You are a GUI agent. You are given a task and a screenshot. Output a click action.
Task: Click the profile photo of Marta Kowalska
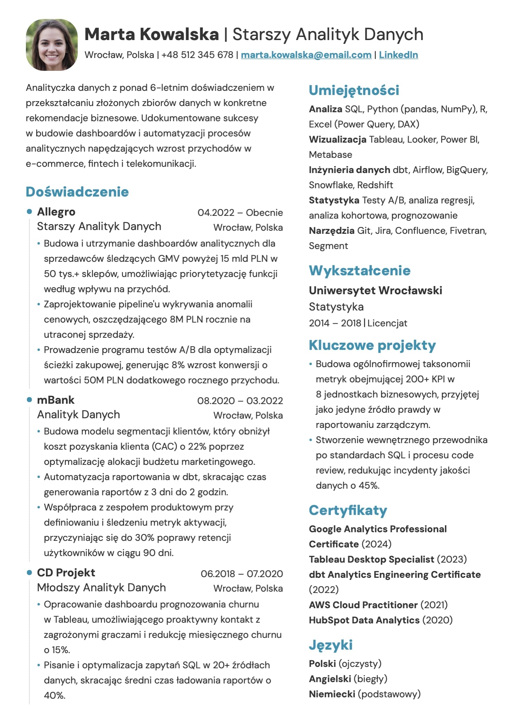[x=52, y=45]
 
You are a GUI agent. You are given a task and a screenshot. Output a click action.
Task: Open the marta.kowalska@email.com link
[x=306, y=55]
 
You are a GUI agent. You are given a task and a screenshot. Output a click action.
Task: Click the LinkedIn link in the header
[x=398, y=55]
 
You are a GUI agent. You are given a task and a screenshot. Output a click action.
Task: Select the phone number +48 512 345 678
[x=197, y=55]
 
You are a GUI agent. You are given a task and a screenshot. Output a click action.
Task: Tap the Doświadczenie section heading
[x=77, y=192]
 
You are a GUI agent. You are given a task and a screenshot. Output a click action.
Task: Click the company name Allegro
[x=56, y=212]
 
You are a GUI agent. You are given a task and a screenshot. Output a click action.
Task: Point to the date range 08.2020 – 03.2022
[x=240, y=401]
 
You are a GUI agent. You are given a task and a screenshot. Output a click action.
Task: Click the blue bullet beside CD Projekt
[x=29, y=573]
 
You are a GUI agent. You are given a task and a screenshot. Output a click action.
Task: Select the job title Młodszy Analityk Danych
[x=101, y=587]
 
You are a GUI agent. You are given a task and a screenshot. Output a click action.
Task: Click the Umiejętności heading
[x=354, y=90]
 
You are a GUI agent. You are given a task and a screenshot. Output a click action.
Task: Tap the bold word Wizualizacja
[x=337, y=140]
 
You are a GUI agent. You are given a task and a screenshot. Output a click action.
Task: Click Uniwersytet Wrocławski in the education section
[x=375, y=290]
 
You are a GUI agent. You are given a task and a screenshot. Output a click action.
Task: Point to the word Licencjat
[x=387, y=323]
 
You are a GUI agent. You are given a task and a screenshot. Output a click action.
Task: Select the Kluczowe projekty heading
[x=372, y=345]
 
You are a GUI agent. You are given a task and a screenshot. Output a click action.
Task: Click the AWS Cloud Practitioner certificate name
[x=363, y=605]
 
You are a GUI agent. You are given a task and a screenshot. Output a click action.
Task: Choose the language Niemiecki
[x=332, y=694]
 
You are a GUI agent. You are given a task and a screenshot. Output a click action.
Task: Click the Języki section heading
[x=330, y=645]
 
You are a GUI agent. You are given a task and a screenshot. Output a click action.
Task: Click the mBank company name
[x=56, y=400]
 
